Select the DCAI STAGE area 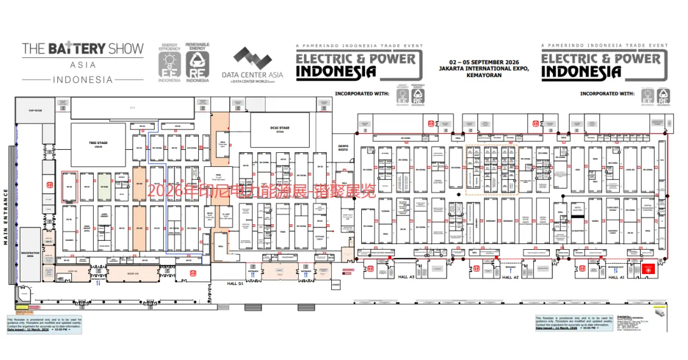coord(280,129)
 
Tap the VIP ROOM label coord(34,110)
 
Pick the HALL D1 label coord(236,282)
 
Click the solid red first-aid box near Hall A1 coord(648,270)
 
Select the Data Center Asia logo coord(252,66)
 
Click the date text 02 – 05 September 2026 coord(484,62)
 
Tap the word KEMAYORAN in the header coord(484,75)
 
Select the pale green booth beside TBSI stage coord(104,187)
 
